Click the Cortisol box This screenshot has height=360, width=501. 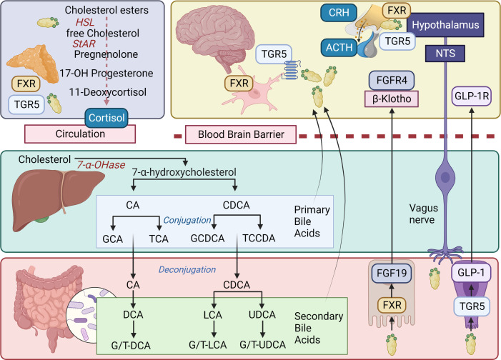[106, 118]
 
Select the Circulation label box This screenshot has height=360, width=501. [80, 134]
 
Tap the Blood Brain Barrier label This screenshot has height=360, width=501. [241, 134]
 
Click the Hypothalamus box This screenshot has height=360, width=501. [445, 25]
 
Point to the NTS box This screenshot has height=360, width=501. [445, 54]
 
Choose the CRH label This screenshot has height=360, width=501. [339, 13]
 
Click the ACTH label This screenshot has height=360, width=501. [339, 47]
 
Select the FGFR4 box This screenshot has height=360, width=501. [392, 80]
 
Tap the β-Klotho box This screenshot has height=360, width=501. [392, 99]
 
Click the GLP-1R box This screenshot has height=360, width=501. [472, 96]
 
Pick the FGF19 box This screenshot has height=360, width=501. [392, 274]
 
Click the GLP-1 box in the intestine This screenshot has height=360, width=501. [471, 273]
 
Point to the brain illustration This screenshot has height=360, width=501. [215, 38]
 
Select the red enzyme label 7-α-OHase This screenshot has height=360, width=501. [101, 165]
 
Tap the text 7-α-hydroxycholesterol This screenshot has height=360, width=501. [184, 172]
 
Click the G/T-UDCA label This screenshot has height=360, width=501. [262, 345]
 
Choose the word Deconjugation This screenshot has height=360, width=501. [187, 269]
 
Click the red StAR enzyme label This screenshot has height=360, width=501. [84, 44]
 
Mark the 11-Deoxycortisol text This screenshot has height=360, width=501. [108, 92]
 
